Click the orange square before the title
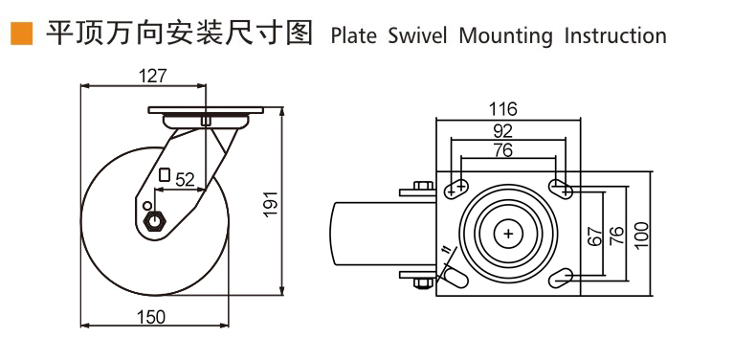click(20, 35)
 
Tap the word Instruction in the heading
click(614, 36)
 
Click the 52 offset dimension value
click(185, 178)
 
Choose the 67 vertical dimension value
click(595, 236)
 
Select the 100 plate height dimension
click(641, 235)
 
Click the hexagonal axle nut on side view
click(154, 222)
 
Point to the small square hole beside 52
click(165, 175)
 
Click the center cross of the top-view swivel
click(507, 233)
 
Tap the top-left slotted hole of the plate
click(456, 188)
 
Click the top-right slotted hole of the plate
click(562, 188)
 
